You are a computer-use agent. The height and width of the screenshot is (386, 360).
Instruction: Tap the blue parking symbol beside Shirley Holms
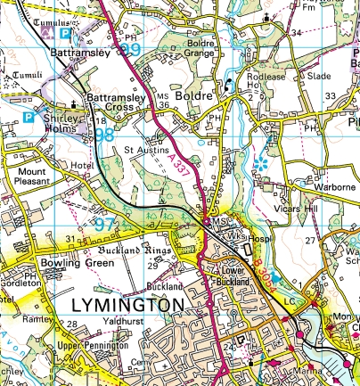pyautogui.click(x=28, y=117)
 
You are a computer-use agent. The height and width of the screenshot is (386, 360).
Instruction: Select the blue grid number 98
pyautogui.click(x=103, y=135)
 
